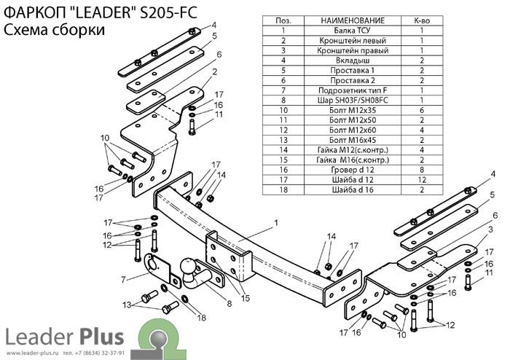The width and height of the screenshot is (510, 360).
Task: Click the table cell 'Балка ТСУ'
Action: coord(352,31)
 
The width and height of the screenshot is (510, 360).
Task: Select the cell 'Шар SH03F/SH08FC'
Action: coord(352,100)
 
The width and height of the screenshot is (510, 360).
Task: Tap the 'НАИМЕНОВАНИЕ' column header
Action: coord(352,20)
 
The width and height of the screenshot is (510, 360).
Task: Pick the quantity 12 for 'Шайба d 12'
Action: coord(422,180)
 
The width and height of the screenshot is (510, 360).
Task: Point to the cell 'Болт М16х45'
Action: coord(352,140)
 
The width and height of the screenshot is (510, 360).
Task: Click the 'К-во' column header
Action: coord(422,20)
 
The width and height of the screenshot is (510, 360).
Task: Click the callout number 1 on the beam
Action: coord(276,223)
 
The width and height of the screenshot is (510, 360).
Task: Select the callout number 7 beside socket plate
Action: coord(123,279)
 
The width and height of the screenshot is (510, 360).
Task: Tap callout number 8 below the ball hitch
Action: coord(229,304)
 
